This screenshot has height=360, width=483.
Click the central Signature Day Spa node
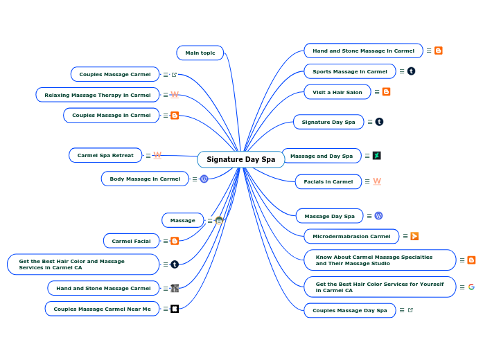(x=240, y=159)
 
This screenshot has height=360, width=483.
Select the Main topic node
(x=200, y=53)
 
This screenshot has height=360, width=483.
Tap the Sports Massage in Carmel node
(x=349, y=71)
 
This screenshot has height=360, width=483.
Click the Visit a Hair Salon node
(x=337, y=92)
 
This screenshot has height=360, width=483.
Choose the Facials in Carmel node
(x=328, y=181)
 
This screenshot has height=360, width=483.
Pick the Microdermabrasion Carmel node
(x=351, y=236)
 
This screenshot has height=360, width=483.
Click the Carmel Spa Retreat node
(x=105, y=155)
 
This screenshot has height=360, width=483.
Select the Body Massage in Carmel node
(x=145, y=179)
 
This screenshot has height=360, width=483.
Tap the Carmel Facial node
(x=131, y=241)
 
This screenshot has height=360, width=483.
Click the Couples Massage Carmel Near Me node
(x=102, y=309)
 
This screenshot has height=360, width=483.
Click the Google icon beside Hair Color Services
(x=471, y=287)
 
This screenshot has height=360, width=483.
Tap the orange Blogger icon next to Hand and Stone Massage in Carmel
(x=439, y=51)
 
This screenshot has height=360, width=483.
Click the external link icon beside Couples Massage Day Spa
(x=410, y=310)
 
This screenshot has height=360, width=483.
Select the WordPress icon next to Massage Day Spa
(x=378, y=216)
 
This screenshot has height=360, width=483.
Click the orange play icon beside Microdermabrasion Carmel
(x=414, y=236)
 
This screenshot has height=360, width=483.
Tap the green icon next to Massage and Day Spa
(x=376, y=156)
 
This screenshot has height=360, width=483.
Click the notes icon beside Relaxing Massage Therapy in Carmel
(x=165, y=95)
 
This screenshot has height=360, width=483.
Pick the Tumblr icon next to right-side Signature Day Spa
(x=379, y=122)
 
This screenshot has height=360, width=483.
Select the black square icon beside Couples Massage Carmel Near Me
(x=175, y=309)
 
